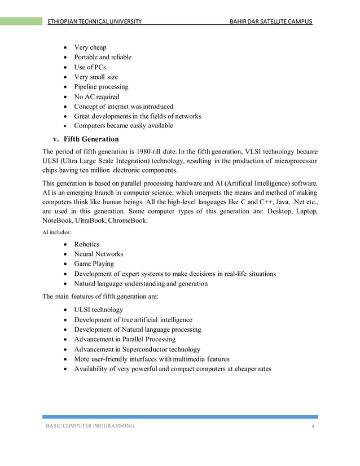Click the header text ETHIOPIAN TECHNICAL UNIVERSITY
pos(94,22)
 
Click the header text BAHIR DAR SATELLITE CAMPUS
pos(267,22)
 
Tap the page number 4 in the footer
pos(313,425)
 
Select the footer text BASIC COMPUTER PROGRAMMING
pos(90,425)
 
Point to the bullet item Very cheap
pos(90,47)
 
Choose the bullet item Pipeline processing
pos(101,87)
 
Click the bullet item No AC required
pos(96,96)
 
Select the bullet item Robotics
pos(86,244)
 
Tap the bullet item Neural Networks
pos(98,254)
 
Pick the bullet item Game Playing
pos(94,263)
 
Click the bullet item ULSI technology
pos(98,310)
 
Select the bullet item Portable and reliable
pos(103,57)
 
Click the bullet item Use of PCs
pos(90,67)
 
